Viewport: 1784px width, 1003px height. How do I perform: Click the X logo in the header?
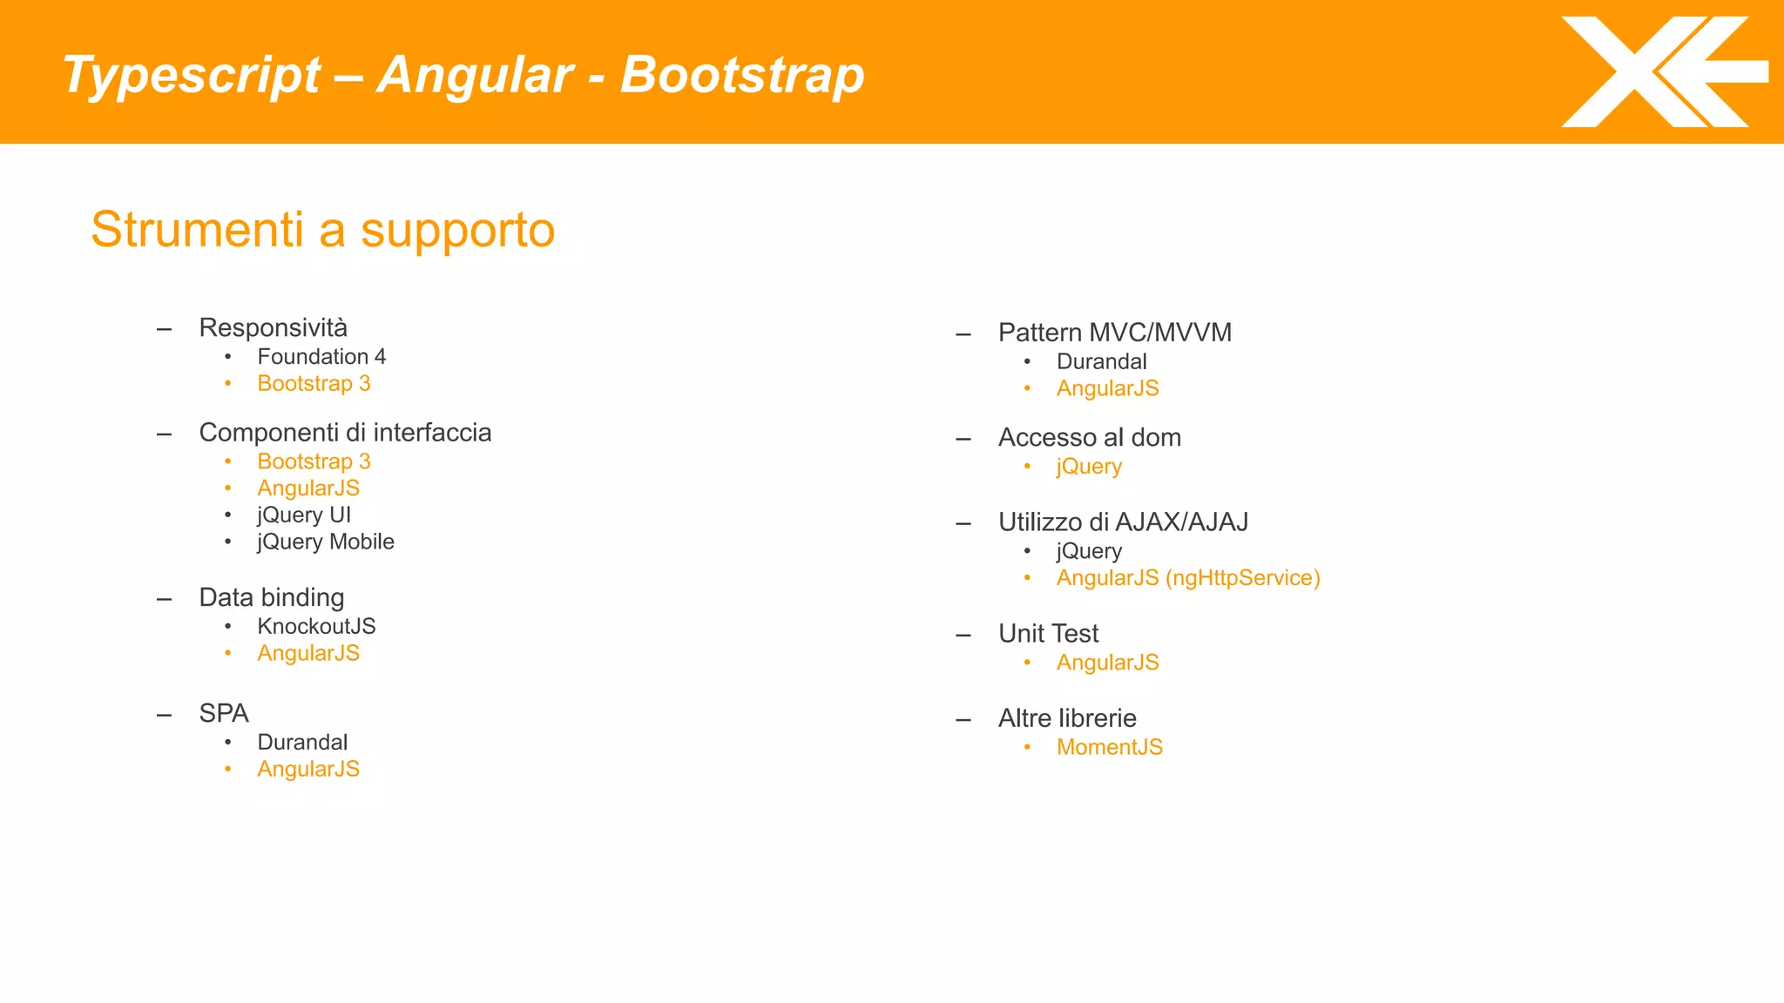[x=1662, y=72]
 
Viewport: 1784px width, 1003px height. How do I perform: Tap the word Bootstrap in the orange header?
[x=741, y=75]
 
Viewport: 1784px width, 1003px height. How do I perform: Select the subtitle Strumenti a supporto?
[x=322, y=230]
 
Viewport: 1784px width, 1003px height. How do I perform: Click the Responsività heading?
[x=273, y=328]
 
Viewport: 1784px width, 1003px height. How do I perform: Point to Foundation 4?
[x=321, y=357]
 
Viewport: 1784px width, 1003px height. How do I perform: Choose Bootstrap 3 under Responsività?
[x=314, y=384]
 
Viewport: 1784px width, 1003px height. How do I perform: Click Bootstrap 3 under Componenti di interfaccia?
[x=314, y=461]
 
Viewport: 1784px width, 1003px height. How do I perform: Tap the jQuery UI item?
[x=304, y=515]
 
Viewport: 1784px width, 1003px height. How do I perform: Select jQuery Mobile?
[x=326, y=542]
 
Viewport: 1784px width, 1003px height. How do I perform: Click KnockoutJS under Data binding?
[x=316, y=627]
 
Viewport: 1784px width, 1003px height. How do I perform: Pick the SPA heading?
[x=224, y=714]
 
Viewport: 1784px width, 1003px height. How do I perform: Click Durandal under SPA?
[x=302, y=743]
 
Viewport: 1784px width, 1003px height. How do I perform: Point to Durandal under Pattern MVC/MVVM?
[x=1101, y=362]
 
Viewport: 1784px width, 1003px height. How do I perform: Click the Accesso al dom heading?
[x=1090, y=438]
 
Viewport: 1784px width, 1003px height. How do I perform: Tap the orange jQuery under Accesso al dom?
[x=1089, y=467]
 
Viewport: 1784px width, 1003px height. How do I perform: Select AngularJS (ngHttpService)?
[x=1188, y=578]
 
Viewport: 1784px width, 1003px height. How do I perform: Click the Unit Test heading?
[x=1049, y=634]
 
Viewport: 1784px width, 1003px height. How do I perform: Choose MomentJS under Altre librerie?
[x=1109, y=748]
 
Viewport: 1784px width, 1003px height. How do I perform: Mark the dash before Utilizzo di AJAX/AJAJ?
[x=963, y=524]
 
